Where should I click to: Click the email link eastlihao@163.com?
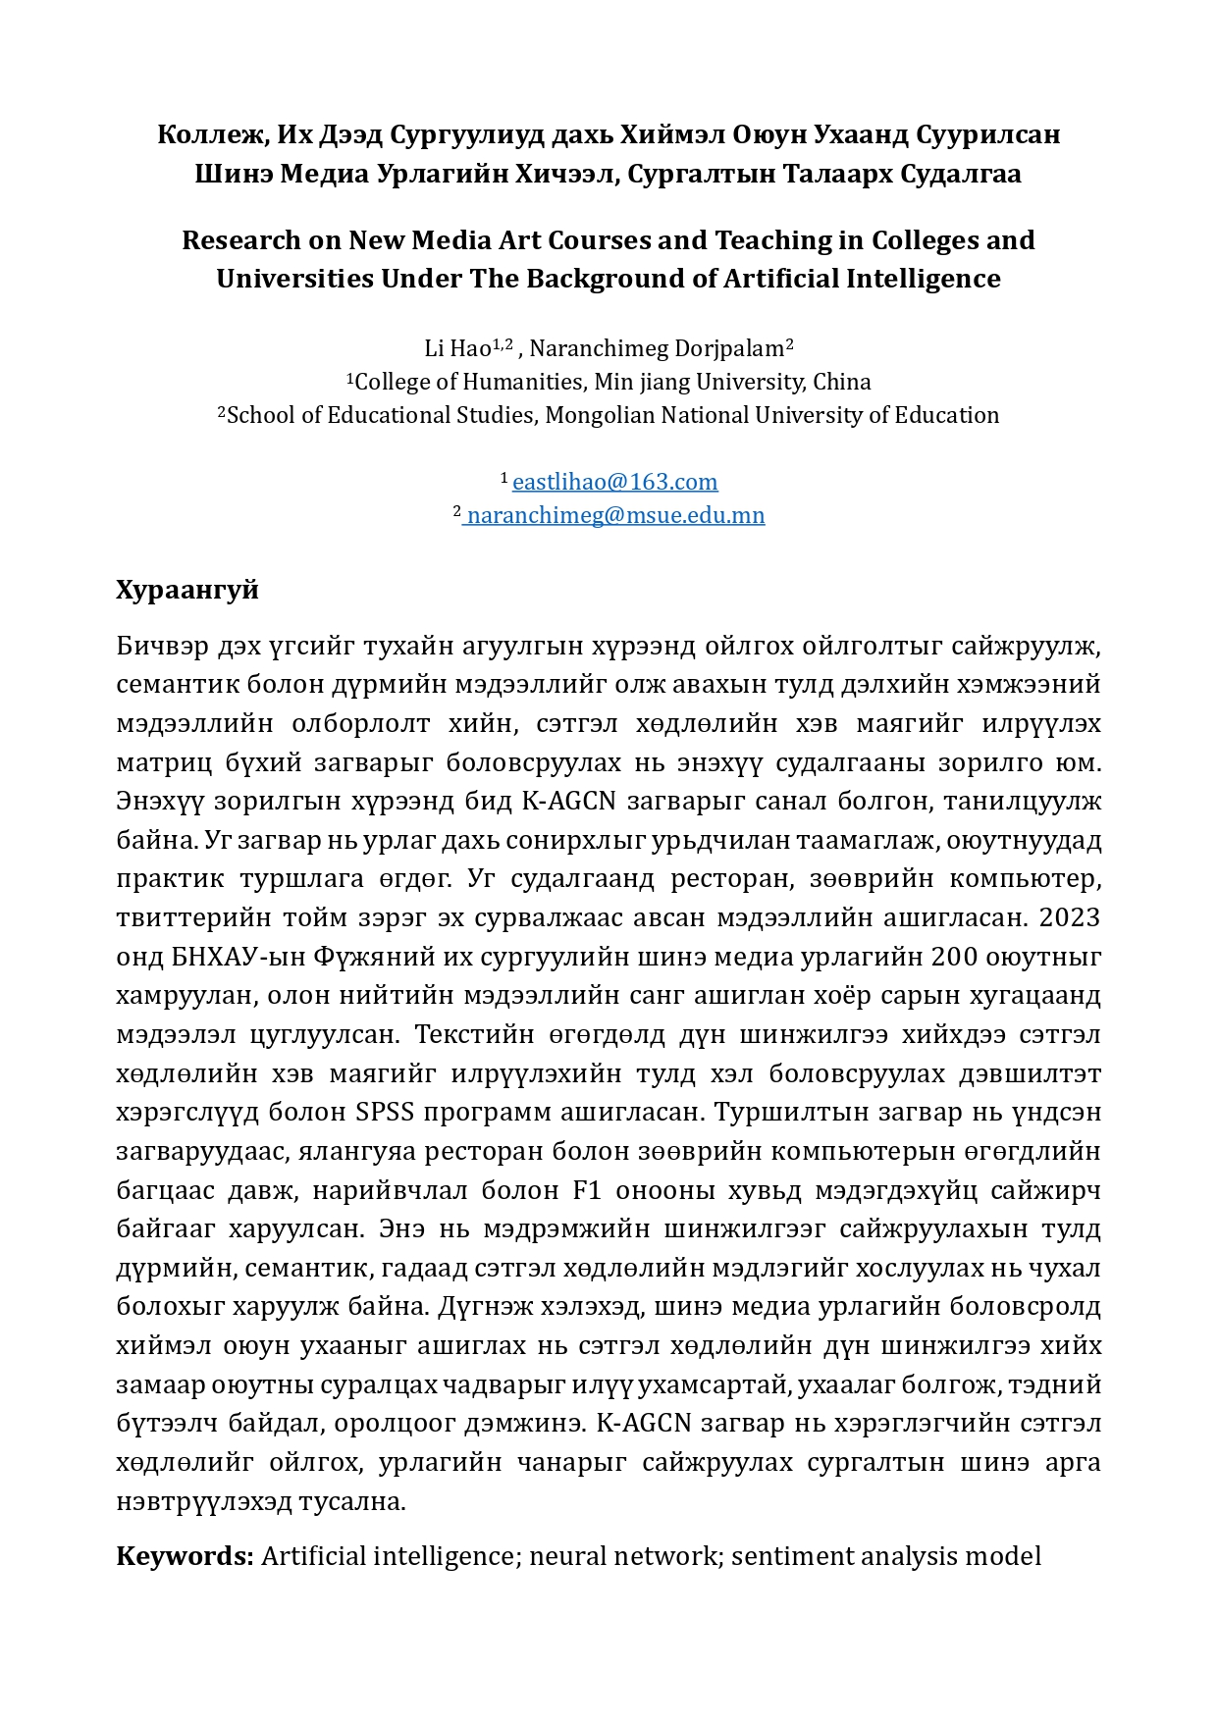pos(614,482)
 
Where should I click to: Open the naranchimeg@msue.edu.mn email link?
pos(615,515)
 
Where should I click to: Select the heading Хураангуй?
pos(187,590)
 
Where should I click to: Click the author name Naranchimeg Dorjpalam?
pos(657,348)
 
